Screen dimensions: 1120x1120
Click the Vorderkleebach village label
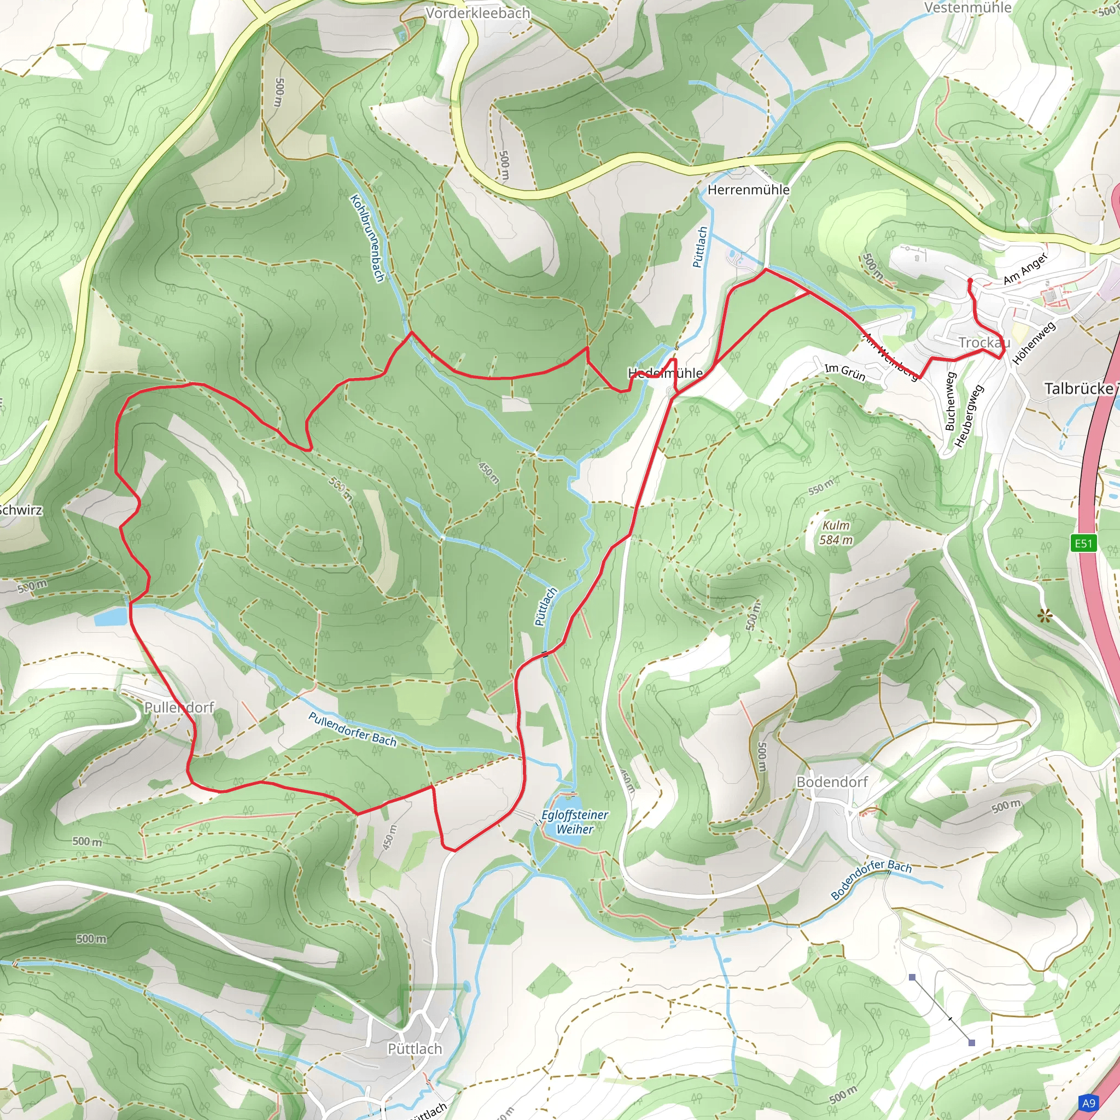point(477,13)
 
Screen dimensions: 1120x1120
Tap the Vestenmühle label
point(967,8)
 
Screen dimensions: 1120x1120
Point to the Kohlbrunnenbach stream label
point(367,238)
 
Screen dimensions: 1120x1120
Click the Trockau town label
point(984,342)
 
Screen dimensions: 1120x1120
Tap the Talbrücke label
point(1079,388)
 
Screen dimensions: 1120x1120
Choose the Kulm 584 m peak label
point(836,533)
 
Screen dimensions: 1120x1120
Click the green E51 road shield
point(1083,543)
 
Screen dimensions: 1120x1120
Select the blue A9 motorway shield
point(1089,1102)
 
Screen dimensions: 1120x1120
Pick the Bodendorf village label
point(831,782)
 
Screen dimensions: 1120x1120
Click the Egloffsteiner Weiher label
point(575,821)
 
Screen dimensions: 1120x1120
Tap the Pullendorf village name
point(178,707)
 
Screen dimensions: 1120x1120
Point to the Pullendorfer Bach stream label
point(353,730)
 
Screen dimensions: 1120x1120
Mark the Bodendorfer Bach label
point(871,880)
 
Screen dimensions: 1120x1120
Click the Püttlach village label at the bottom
point(415,1049)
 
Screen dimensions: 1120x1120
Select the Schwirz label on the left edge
point(21,510)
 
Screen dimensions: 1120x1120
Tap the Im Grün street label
point(844,372)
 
